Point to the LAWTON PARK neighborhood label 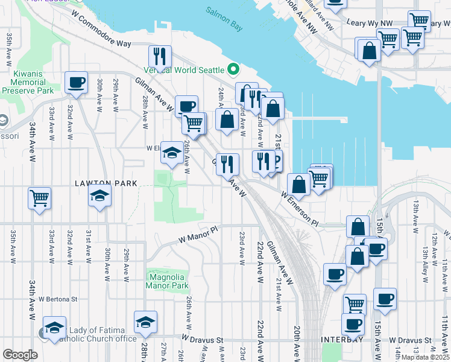point(106,183)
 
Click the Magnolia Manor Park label point(169,281)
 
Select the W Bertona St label point(58,298)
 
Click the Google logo point(19,354)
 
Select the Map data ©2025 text point(426,357)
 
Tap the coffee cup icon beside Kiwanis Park point(77,83)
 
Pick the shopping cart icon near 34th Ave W point(40,197)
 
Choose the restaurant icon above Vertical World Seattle point(160,56)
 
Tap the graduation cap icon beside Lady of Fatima point(54,328)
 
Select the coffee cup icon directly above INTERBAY point(353,324)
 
